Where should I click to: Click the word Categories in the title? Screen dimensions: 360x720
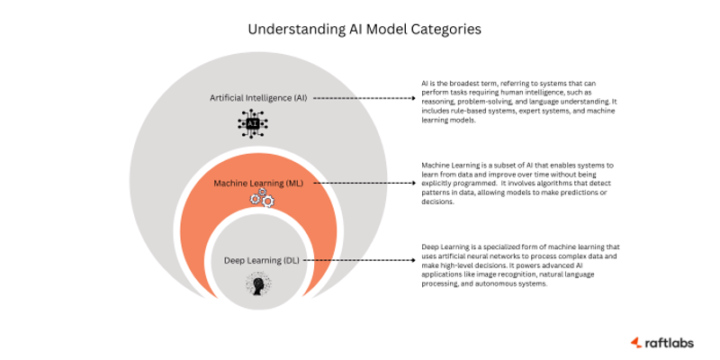[x=441, y=29]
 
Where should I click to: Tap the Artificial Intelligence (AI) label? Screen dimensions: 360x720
[x=259, y=97]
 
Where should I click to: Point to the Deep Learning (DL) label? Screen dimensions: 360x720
[x=262, y=261]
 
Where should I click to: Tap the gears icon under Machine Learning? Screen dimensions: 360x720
[x=261, y=201]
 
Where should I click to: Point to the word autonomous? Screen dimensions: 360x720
[x=490, y=284]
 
